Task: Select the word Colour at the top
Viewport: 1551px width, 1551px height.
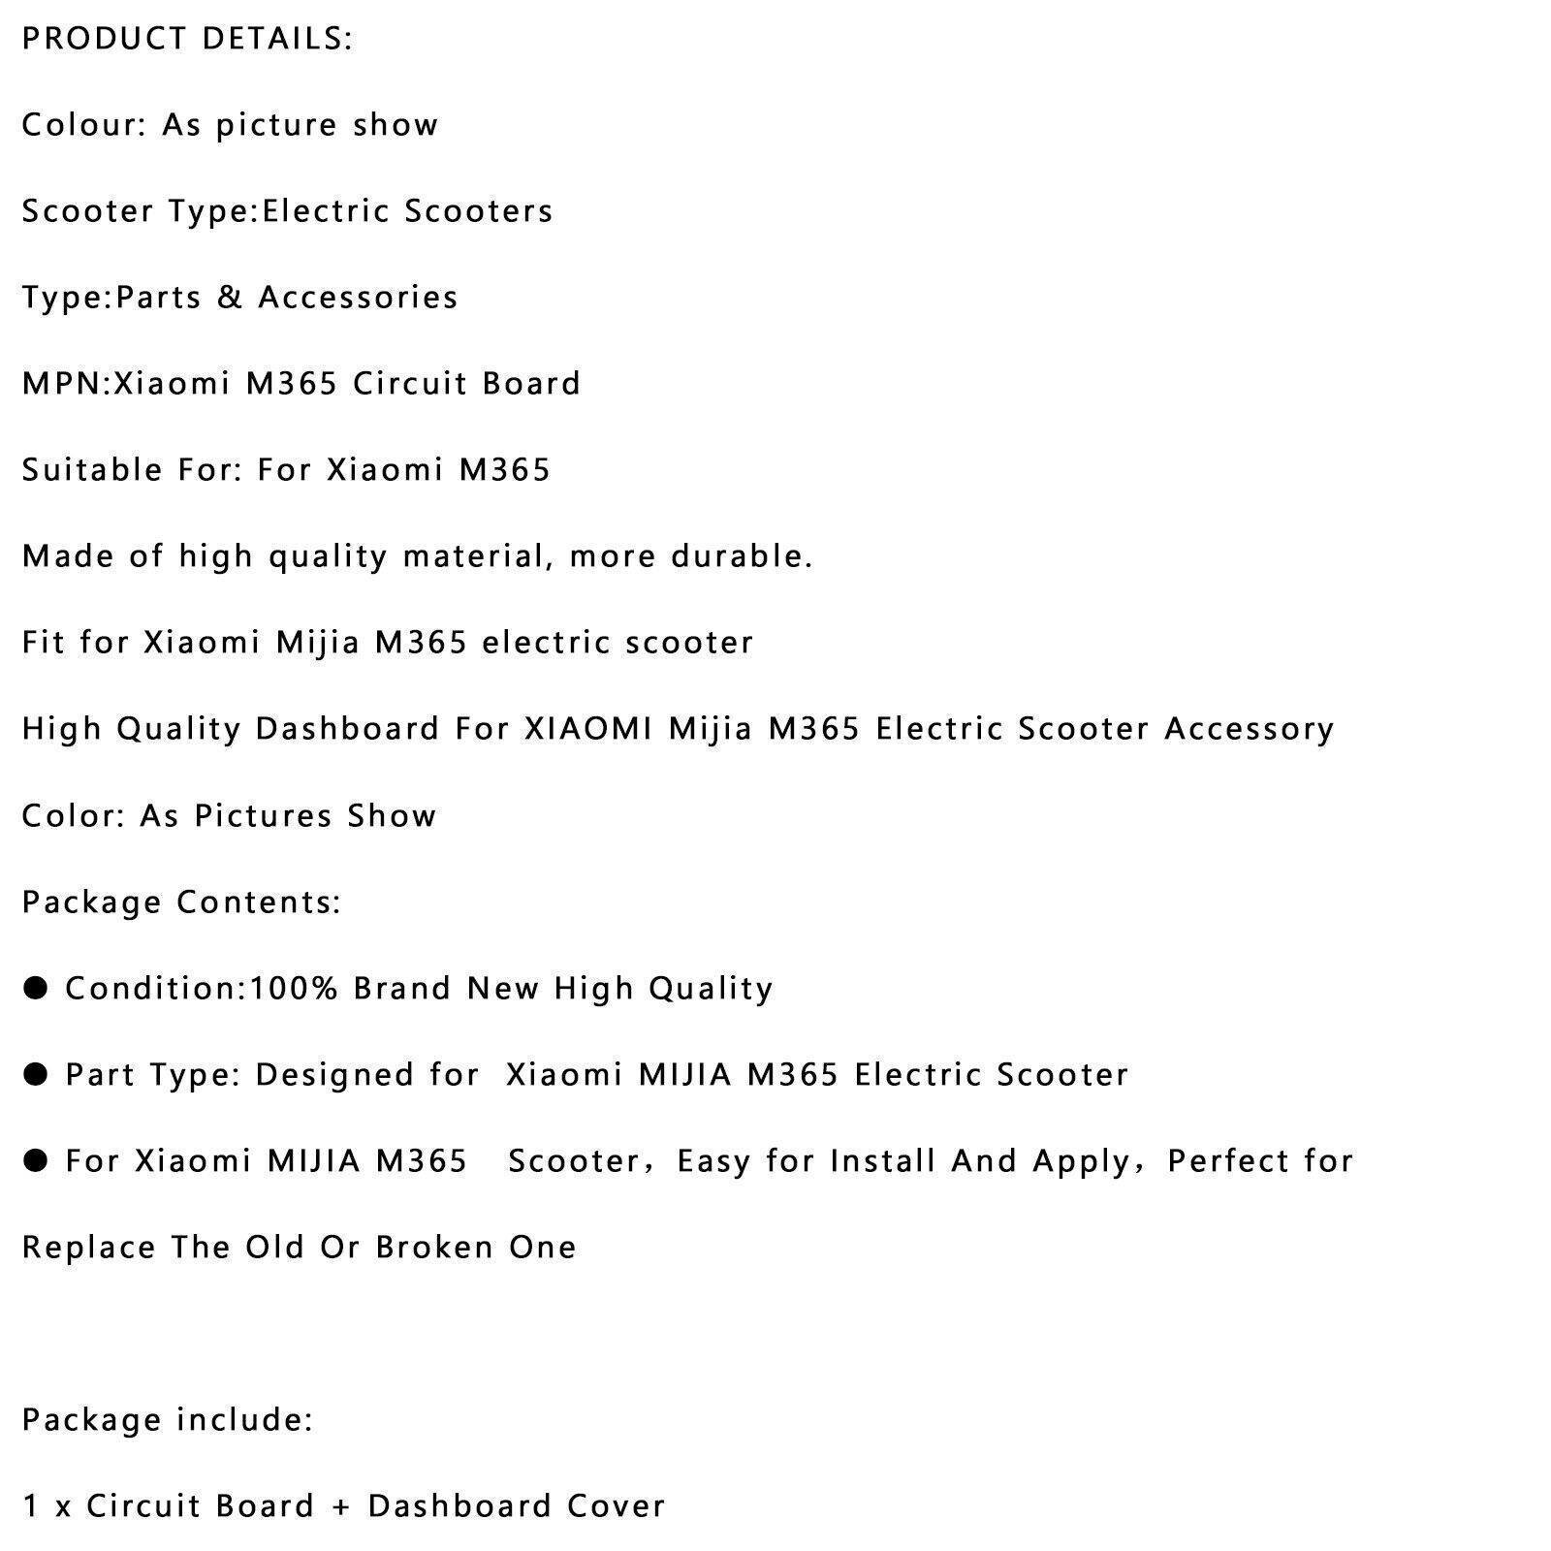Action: point(83,125)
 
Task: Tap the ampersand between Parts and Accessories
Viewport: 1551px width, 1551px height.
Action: point(230,298)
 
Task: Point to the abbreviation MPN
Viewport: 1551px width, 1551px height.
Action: point(63,384)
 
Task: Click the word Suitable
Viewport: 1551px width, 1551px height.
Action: point(92,470)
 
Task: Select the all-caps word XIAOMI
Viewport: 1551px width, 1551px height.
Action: point(588,729)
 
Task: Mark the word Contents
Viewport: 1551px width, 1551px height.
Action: point(259,902)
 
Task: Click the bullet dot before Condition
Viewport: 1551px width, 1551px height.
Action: point(36,988)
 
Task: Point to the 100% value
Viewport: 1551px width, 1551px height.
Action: point(294,989)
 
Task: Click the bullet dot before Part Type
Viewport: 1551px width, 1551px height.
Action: point(36,1074)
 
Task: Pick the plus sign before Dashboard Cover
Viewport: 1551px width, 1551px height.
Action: point(340,1506)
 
